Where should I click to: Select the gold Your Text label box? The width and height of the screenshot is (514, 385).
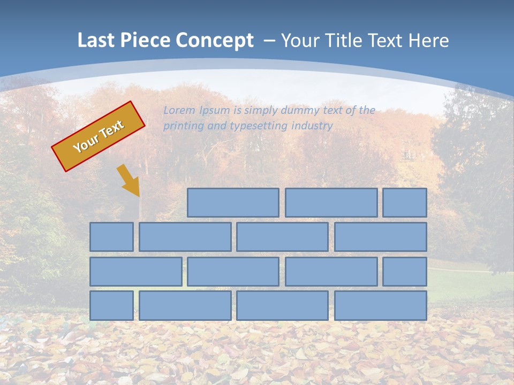click(99, 136)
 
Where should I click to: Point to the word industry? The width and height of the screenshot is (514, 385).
click(312, 126)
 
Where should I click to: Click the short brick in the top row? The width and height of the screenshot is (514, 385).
click(404, 203)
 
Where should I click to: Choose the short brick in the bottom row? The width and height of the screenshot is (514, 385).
click(111, 305)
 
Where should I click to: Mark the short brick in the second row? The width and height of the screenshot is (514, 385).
click(111, 237)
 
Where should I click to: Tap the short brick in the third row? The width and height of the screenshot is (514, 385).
click(404, 271)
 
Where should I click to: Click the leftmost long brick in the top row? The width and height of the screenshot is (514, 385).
click(233, 203)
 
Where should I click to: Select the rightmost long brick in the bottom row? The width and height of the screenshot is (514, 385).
click(380, 305)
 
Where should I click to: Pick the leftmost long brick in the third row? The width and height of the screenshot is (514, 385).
click(135, 271)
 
